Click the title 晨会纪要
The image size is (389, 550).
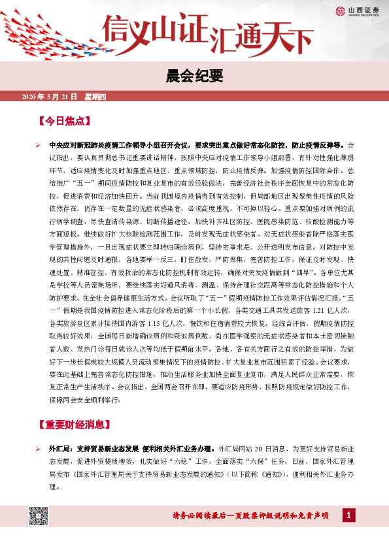(x=194, y=76)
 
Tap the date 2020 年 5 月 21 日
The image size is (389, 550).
(x=50, y=97)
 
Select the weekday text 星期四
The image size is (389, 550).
(x=99, y=97)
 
